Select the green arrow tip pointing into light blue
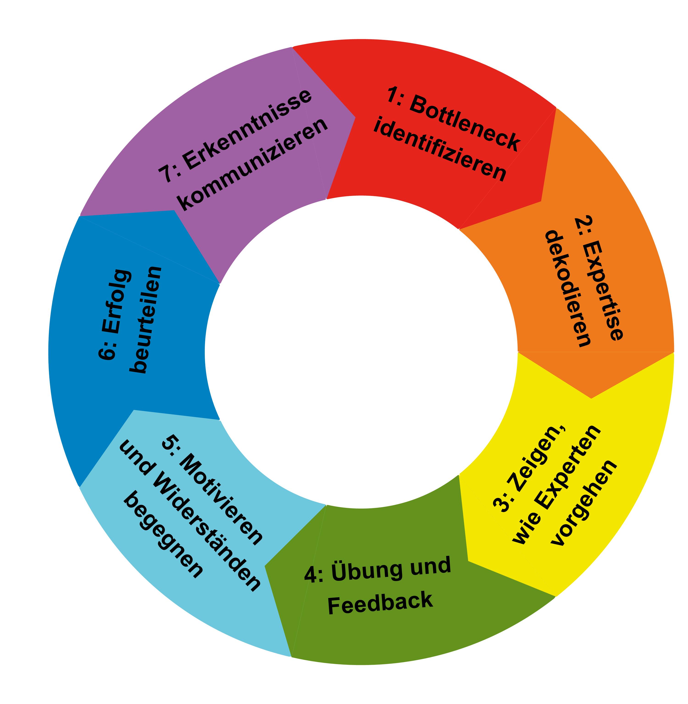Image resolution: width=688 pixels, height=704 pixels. [265, 566]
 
